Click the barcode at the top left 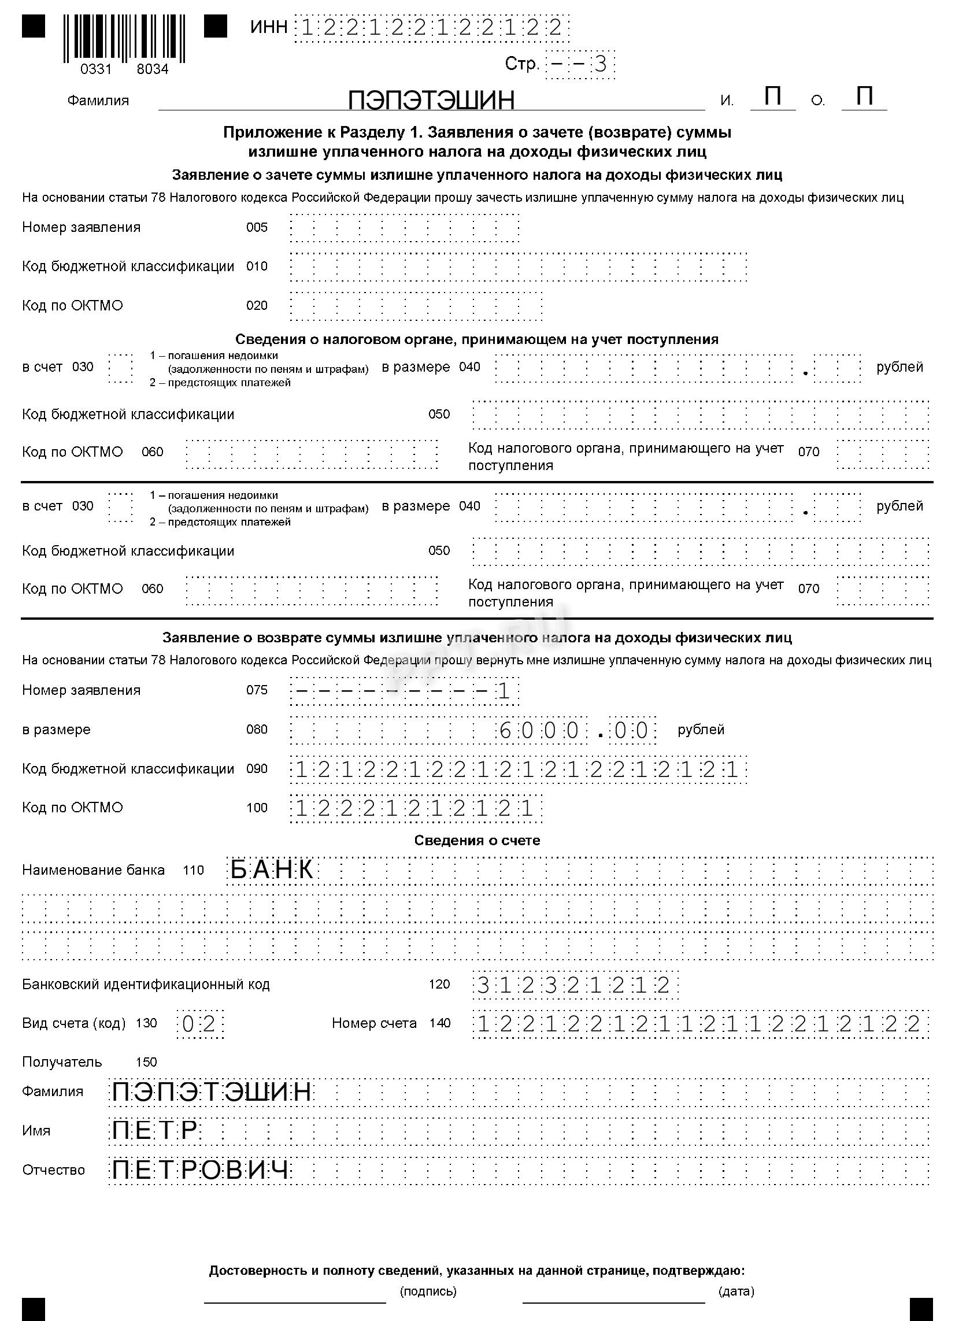tap(124, 38)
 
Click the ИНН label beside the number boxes tap(268, 27)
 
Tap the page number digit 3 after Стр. tap(600, 64)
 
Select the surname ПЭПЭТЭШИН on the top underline tap(431, 100)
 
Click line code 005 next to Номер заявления tap(257, 227)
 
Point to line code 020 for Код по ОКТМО tap(257, 306)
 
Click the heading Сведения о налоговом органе tap(476, 339)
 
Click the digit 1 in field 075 tap(504, 691)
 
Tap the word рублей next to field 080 tap(701, 729)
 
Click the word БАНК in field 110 tap(272, 870)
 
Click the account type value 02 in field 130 tap(199, 1024)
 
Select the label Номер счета tap(374, 1023)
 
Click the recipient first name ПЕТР tap(155, 1131)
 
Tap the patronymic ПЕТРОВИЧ tap(201, 1170)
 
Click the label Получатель tap(62, 1062)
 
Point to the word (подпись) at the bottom tap(428, 1292)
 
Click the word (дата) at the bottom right tap(736, 1292)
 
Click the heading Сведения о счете tap(477, 841)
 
